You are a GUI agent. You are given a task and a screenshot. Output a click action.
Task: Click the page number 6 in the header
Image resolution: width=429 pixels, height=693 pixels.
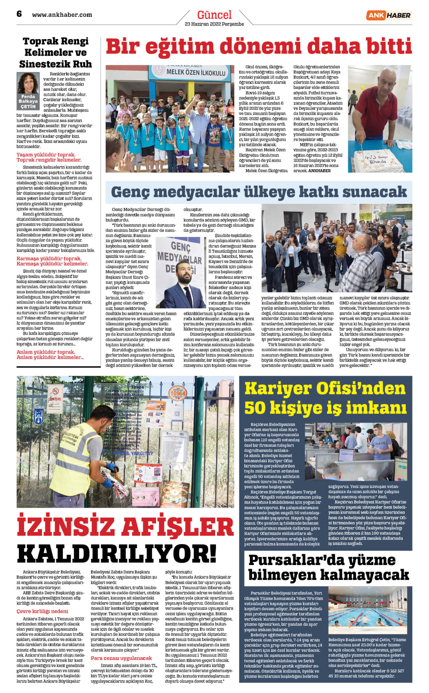(x=19, y=14)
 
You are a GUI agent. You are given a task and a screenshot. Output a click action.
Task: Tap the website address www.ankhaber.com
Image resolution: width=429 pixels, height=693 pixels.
(x=62, y=15)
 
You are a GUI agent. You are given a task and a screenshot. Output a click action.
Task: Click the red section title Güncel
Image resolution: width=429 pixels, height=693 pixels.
(x=214, y=15)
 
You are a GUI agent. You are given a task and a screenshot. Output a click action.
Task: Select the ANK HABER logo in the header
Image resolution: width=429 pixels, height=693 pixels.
(x=389, y=15)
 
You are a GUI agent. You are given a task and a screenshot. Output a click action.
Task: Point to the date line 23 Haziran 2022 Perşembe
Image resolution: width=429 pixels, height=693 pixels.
(x=214, y=24)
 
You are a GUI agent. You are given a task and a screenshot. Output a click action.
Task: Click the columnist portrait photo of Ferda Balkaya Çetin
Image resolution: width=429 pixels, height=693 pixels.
(x=28, y=83)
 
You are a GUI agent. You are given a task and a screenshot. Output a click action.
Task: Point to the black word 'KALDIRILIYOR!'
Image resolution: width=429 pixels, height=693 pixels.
(x=117, y=554)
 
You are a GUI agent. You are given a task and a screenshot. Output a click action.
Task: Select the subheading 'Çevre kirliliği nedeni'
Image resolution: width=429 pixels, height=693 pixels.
(x=42, y=611)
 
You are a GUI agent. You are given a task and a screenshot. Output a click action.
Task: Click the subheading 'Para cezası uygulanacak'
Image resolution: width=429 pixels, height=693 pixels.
(x=121, y=658)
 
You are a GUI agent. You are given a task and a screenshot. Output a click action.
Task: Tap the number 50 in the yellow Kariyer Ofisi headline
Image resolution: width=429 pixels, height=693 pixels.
(x=256, y=408)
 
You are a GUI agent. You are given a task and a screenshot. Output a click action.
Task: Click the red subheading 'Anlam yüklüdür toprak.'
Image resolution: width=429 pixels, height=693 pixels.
(x=46, y=352)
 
